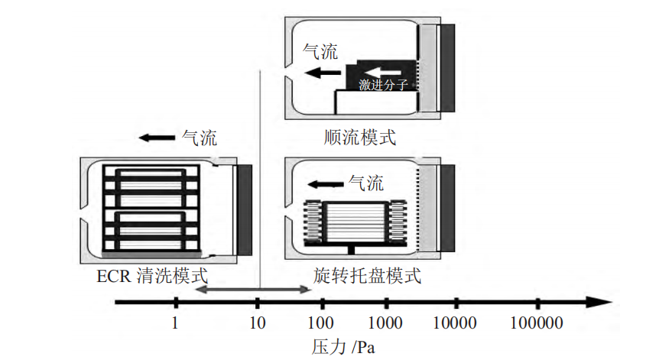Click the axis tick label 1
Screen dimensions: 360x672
point(175,322)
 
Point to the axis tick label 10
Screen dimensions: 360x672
point(258,322)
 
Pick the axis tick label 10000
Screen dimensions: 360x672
point(456,322)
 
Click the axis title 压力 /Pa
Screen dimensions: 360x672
point(344,346)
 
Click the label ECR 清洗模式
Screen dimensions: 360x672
point(151,276)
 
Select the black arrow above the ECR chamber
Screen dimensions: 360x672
point(157,138)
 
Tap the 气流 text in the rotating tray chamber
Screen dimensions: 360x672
point(365,183)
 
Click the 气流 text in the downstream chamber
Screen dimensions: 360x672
point(320,52)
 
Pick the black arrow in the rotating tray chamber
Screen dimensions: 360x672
point(324,184)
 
